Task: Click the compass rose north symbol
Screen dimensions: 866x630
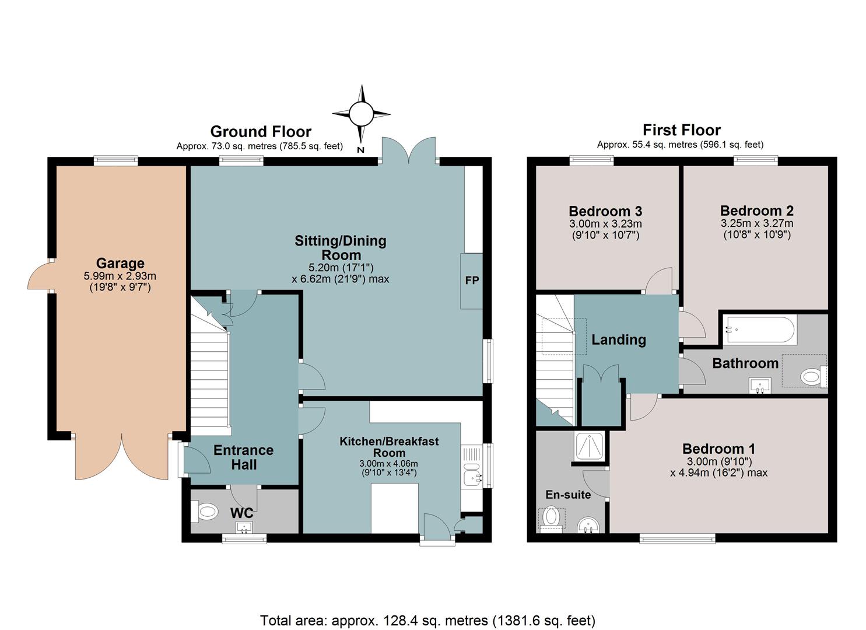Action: pos(361,114)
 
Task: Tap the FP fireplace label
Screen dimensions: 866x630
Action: pos(472,281)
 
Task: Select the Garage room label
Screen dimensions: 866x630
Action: pos(120,263)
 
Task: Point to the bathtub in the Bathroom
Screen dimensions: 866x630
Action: pos(760,330)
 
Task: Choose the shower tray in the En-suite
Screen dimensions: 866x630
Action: pos(590,446)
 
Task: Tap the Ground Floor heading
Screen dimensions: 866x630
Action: pos(261,132)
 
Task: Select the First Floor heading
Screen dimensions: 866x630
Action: pos(682,130)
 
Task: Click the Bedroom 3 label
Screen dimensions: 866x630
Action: pos(605,211)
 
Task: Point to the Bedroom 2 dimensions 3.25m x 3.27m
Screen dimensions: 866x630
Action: pos(757,223)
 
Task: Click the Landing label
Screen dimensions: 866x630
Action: pos(619,339)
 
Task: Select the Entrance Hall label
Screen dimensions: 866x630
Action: pos(244,457)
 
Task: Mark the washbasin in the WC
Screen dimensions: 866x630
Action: pos(245,527)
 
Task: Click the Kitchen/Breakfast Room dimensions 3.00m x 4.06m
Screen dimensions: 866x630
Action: pos(388,463)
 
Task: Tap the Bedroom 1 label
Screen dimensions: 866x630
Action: pos(718,449)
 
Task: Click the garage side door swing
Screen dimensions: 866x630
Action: pos(39,275)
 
